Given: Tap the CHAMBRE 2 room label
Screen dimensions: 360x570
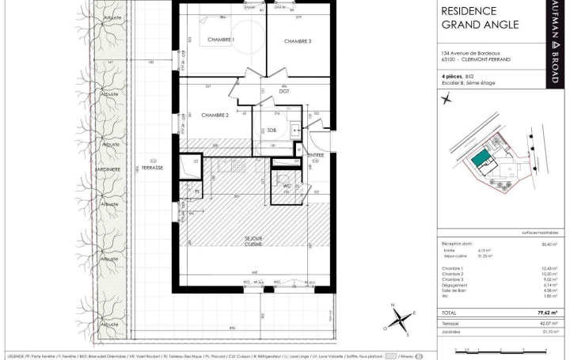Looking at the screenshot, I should [215, 115].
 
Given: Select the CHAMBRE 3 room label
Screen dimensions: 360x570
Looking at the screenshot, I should [298, 41].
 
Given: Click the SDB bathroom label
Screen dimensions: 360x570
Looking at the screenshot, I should [271, 130].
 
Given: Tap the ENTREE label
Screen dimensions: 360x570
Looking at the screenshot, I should [316, 155].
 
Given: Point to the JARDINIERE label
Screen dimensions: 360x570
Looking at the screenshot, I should [108, 169].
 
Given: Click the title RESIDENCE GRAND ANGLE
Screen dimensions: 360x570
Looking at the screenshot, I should [480, 17].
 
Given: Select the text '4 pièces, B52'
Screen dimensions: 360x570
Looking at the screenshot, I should [458, 76].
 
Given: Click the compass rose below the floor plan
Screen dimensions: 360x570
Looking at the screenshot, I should [402, 320].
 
